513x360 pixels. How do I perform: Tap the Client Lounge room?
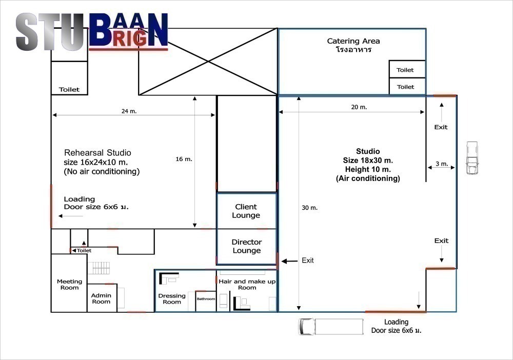tap(247, 211)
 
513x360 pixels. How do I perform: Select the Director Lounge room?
tap(247, 247)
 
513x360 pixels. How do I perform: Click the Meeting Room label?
tap(69, 285)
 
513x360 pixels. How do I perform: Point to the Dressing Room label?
tap(172, 299)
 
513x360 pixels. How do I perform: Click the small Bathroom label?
tap(206, 299)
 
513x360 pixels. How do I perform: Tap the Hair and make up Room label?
tap(247, 285)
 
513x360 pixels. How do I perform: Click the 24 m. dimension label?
tap(129, 111)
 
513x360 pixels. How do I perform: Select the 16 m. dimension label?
tap(184, 159)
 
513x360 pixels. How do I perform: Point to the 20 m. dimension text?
tap(359, 107)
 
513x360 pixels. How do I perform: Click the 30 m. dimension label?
tap(309, 208)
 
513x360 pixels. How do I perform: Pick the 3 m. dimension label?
tap(442, 164)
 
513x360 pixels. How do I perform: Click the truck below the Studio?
tap(331, 327)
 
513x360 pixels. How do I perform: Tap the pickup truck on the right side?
tap(472, 158)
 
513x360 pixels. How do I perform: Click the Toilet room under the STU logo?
tap(69, 78)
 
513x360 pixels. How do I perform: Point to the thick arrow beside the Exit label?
tap(289, 261)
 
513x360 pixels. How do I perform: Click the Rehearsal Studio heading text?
tap(97, 153)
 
